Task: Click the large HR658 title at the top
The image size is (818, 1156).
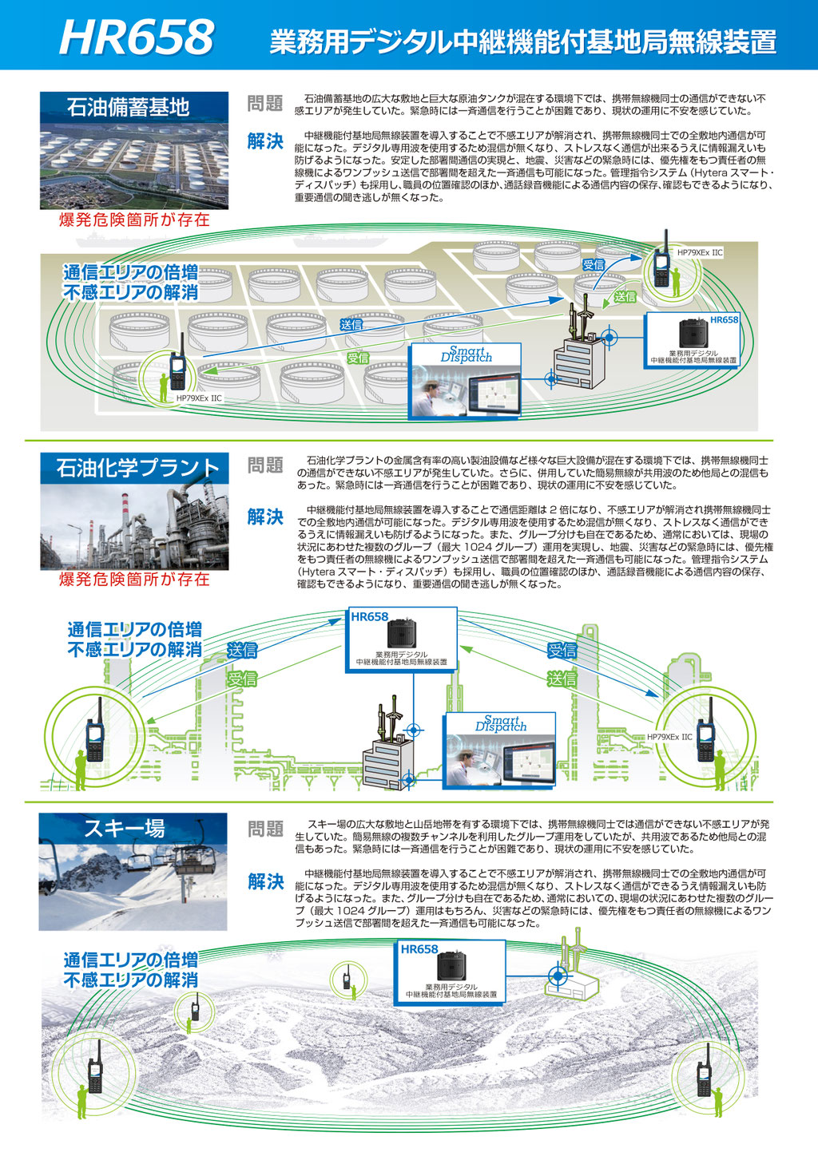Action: (x=137, y=37)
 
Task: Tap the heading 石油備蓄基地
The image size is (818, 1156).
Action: (x=128, y=107)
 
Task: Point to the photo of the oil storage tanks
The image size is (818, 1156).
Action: (x=134, y=164)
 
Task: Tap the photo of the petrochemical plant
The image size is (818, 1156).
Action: (x=134, y=527)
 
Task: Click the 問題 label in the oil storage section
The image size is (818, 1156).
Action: (x=265, y=104)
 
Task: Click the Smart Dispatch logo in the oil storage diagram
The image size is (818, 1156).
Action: (x=466, y=354)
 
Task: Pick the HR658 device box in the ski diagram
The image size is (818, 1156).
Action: (x=452, y=971)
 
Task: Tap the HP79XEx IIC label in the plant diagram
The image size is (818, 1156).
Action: (x=669, y=737)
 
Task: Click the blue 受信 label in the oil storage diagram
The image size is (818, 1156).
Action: (x=594, y=264)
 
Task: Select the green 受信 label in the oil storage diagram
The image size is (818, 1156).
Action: (x=358, y=358)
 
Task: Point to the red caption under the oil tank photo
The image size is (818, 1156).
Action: (x=134, y=220)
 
